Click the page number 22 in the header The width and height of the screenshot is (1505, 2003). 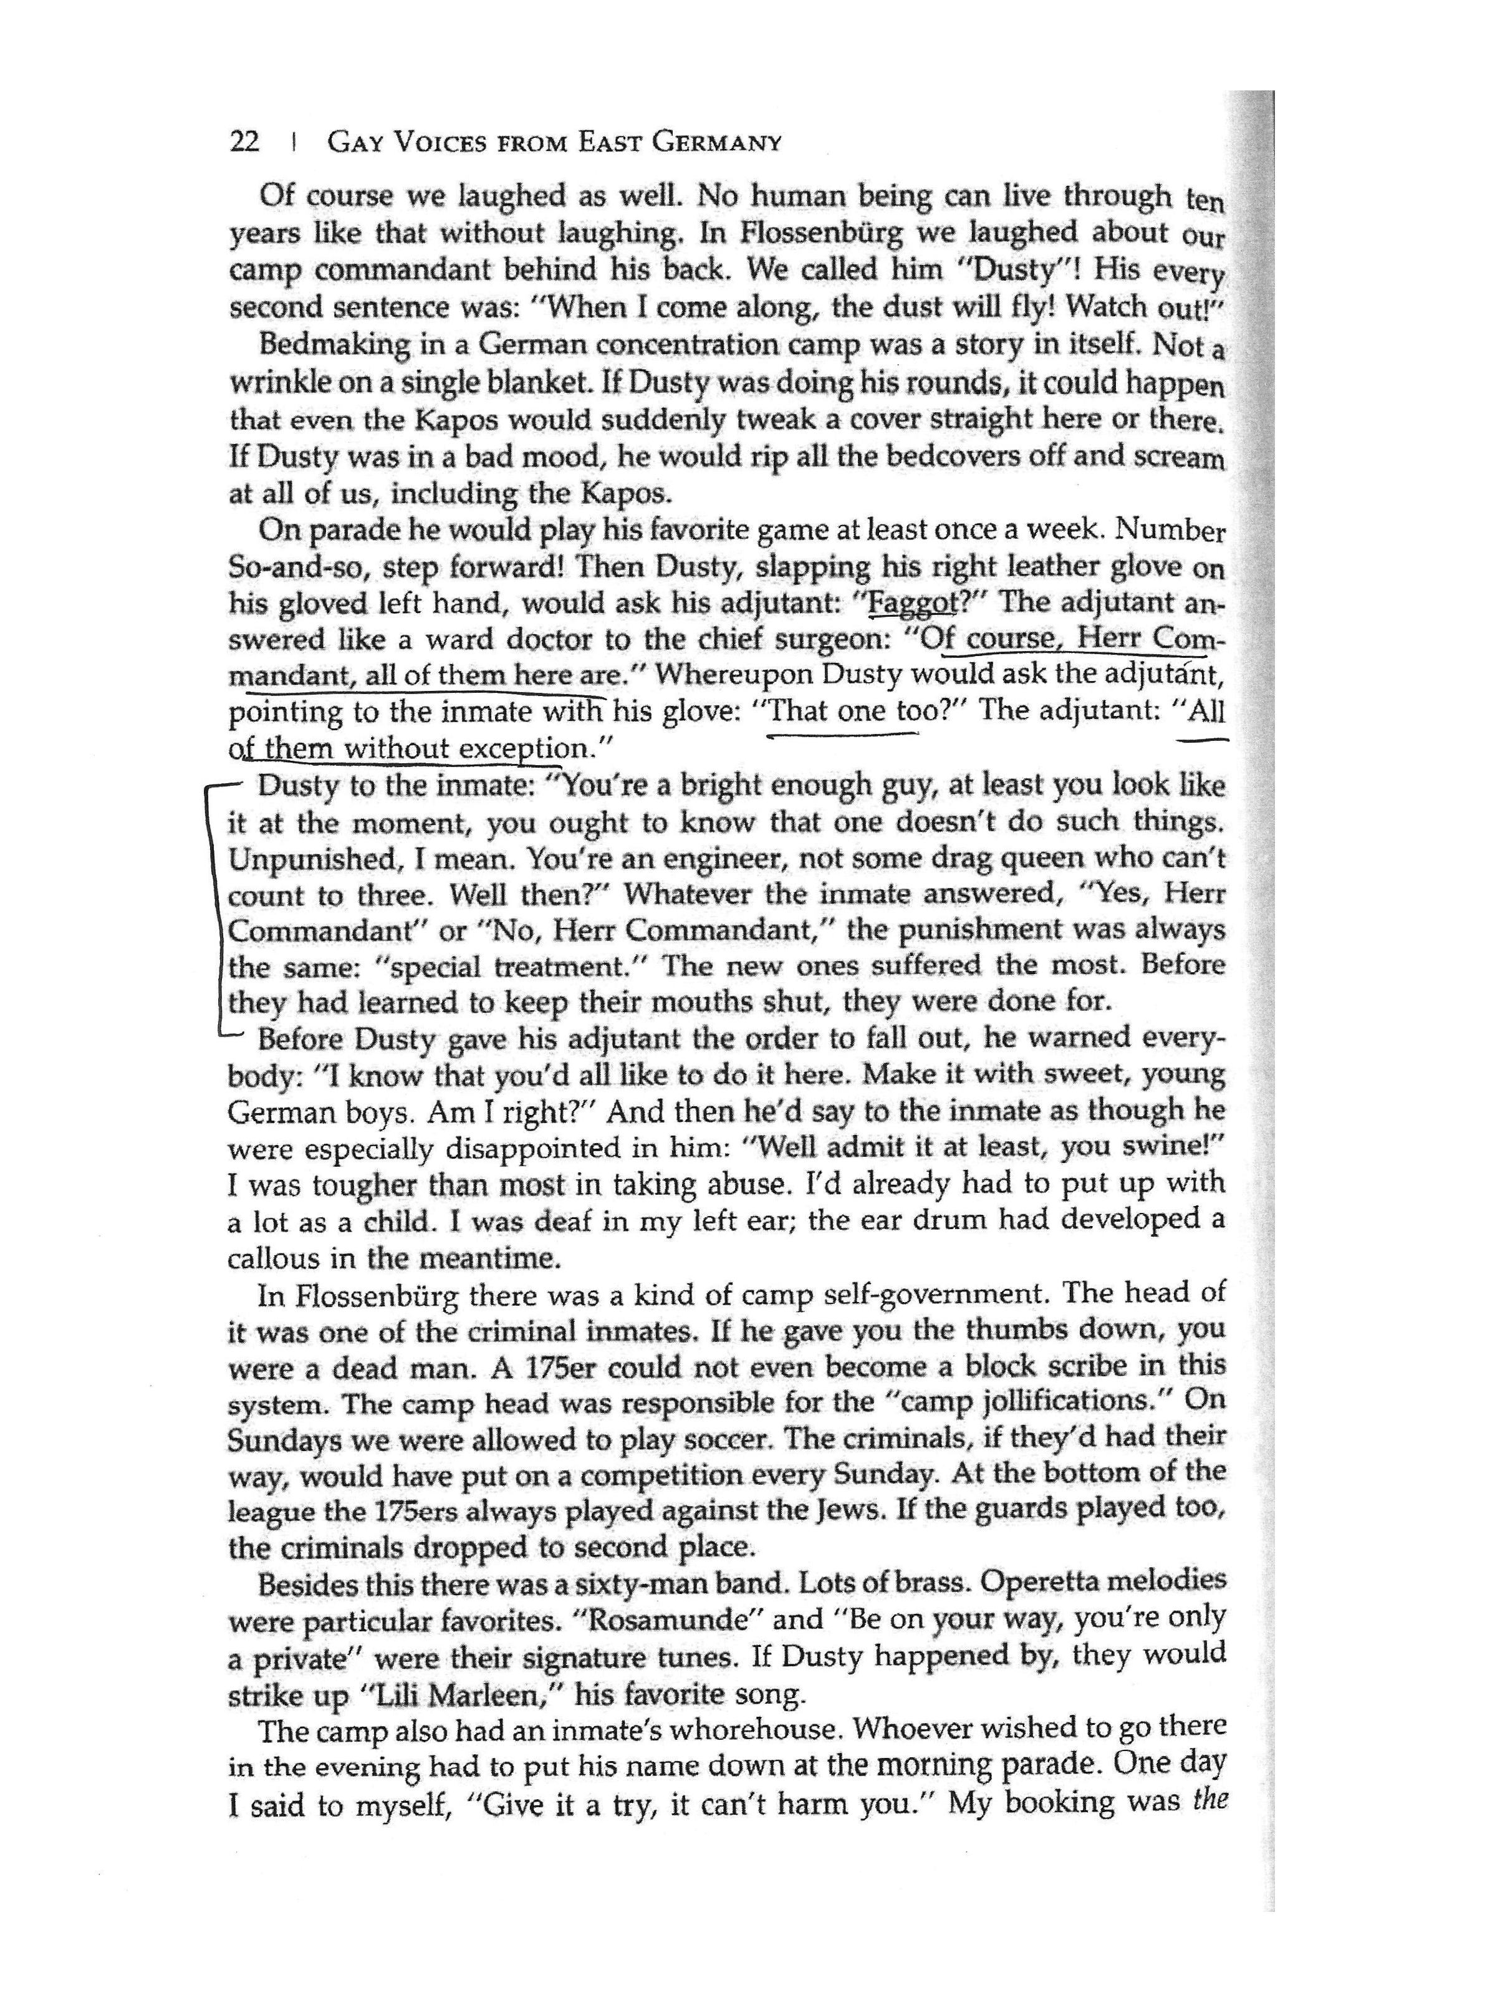(x=244, y=142)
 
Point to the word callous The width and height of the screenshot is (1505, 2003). (x=268, y=1258)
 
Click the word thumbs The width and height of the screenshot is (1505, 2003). (x=1013, y=1330)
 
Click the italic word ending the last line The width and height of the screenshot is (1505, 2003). (x=1209, y=1800)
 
